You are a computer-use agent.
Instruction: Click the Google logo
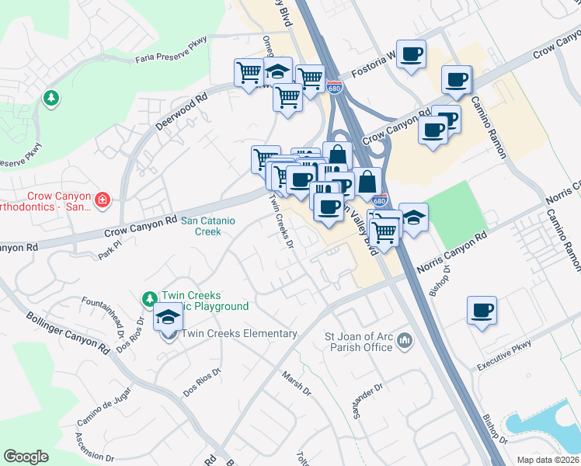pyautogui.click(x=26, y=457)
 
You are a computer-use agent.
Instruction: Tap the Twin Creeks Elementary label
pyautogui.click(x=239, y=334)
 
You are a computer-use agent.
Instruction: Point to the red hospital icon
pyautogui.click(x=102, y=202)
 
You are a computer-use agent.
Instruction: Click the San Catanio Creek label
pyautogui.click(x=207, y=226)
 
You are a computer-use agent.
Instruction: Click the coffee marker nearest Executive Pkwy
pyautogui.click(x=482, y=311)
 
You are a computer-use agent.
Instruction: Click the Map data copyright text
pyautogui.click(x=548, y=460)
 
